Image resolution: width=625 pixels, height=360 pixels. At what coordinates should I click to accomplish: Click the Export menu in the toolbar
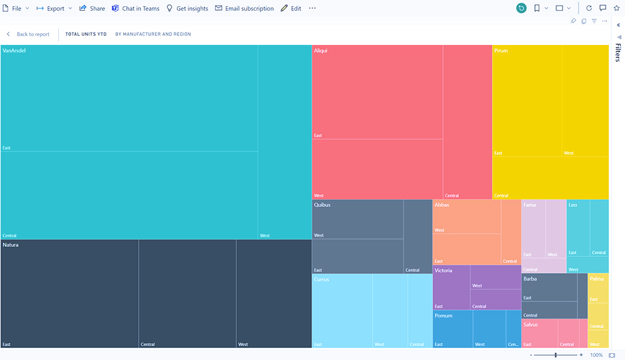coord(54,9)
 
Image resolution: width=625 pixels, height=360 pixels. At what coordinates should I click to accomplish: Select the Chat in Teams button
coord(136,9)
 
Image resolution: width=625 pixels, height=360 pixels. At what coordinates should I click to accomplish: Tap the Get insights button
coord(187,9)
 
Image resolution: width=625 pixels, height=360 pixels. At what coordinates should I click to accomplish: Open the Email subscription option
coord(244,9)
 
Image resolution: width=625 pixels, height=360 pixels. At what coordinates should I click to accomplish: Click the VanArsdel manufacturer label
coord(14,51)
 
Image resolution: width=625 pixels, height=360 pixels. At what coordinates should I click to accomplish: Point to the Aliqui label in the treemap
coord(321,51)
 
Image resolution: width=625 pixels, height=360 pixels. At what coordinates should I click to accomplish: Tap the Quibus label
coord(322,205)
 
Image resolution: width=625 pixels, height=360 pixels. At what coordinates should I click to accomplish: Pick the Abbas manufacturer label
coord(442,205)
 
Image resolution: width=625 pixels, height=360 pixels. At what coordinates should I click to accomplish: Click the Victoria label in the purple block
coord(443,271)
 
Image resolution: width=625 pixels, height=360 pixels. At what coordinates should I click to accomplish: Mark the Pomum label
coord(443,316)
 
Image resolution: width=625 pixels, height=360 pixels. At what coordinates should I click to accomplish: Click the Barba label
coord(530,279)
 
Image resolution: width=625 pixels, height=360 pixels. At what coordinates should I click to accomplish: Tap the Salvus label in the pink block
coord(531,325)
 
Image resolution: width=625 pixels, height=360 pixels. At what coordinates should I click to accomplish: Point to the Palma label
coord(597,279)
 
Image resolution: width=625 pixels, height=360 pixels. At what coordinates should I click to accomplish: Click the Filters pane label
coord(617,53)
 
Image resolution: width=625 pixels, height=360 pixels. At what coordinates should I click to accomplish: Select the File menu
coord(16,9)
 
